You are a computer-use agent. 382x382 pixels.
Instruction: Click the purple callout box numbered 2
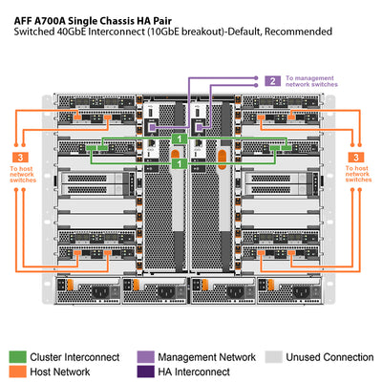[x=272, y=81]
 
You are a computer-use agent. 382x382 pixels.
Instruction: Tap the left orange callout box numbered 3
[x=22, y=156]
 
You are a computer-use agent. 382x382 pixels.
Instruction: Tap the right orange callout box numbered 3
[x=357, y=156]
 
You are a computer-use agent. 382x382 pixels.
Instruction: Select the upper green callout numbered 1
[x=178, y=140]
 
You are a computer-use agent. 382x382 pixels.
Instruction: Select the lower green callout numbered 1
[x=178, y=163]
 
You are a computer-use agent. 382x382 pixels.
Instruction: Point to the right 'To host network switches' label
[x=357, y=180]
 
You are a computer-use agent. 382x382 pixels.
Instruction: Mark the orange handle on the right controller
[x=223, y=154]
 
